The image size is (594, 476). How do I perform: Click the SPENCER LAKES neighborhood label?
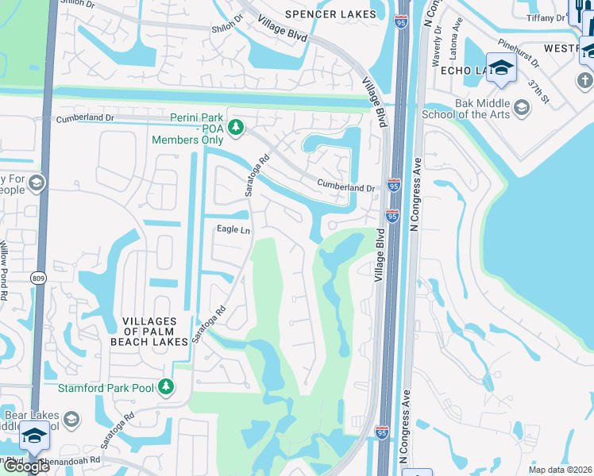pyautogui.click(x=330, y=13)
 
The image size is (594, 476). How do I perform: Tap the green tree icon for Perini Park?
pyautogui.click(x=235, y=127)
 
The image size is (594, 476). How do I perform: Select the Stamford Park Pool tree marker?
pyautogui.click(x=165, y=387)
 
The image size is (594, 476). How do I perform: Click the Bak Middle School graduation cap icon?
pyautogui.click(x=522, y=107)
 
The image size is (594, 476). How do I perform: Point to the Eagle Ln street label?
pyautogui.click(x=234, y=230)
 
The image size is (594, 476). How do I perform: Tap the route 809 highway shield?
pyautogui.click(x=39, y=278)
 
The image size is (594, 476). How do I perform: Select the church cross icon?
pyautogui.click(x=585, y=80)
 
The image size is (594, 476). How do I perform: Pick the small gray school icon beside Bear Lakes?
pyautogui.click(x=71, y=419)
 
